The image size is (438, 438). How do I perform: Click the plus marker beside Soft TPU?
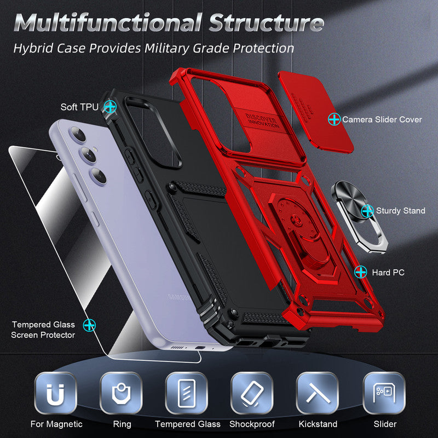click(111, 106)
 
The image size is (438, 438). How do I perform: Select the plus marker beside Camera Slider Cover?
click(333, 118)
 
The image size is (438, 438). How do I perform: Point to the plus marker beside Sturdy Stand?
click(367, 210)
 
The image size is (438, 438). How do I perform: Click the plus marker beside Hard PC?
click(360, 272)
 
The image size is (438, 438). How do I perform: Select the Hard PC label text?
click(388, 272)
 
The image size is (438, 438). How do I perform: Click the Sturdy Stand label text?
click(400, 211)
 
